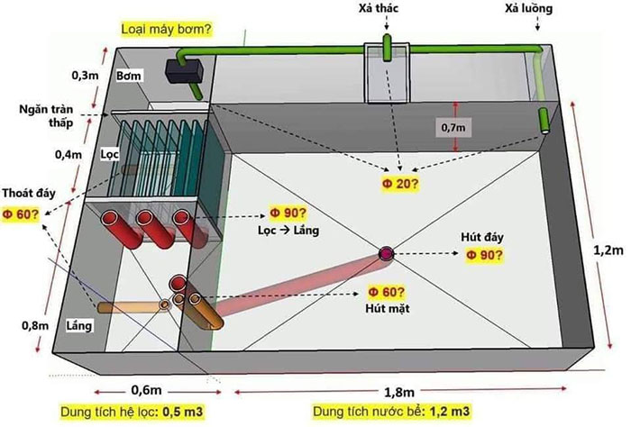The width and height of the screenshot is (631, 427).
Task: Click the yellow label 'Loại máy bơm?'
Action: click(x=166, y=29)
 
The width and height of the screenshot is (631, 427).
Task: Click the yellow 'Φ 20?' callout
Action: click(x=400, y=185)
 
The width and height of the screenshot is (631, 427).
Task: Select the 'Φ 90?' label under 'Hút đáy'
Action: click(x=485, y=255)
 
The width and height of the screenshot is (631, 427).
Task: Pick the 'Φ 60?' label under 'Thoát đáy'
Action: click(x=20, y=213)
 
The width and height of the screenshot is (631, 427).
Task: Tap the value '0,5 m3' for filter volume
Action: click(x=198, y=413)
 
